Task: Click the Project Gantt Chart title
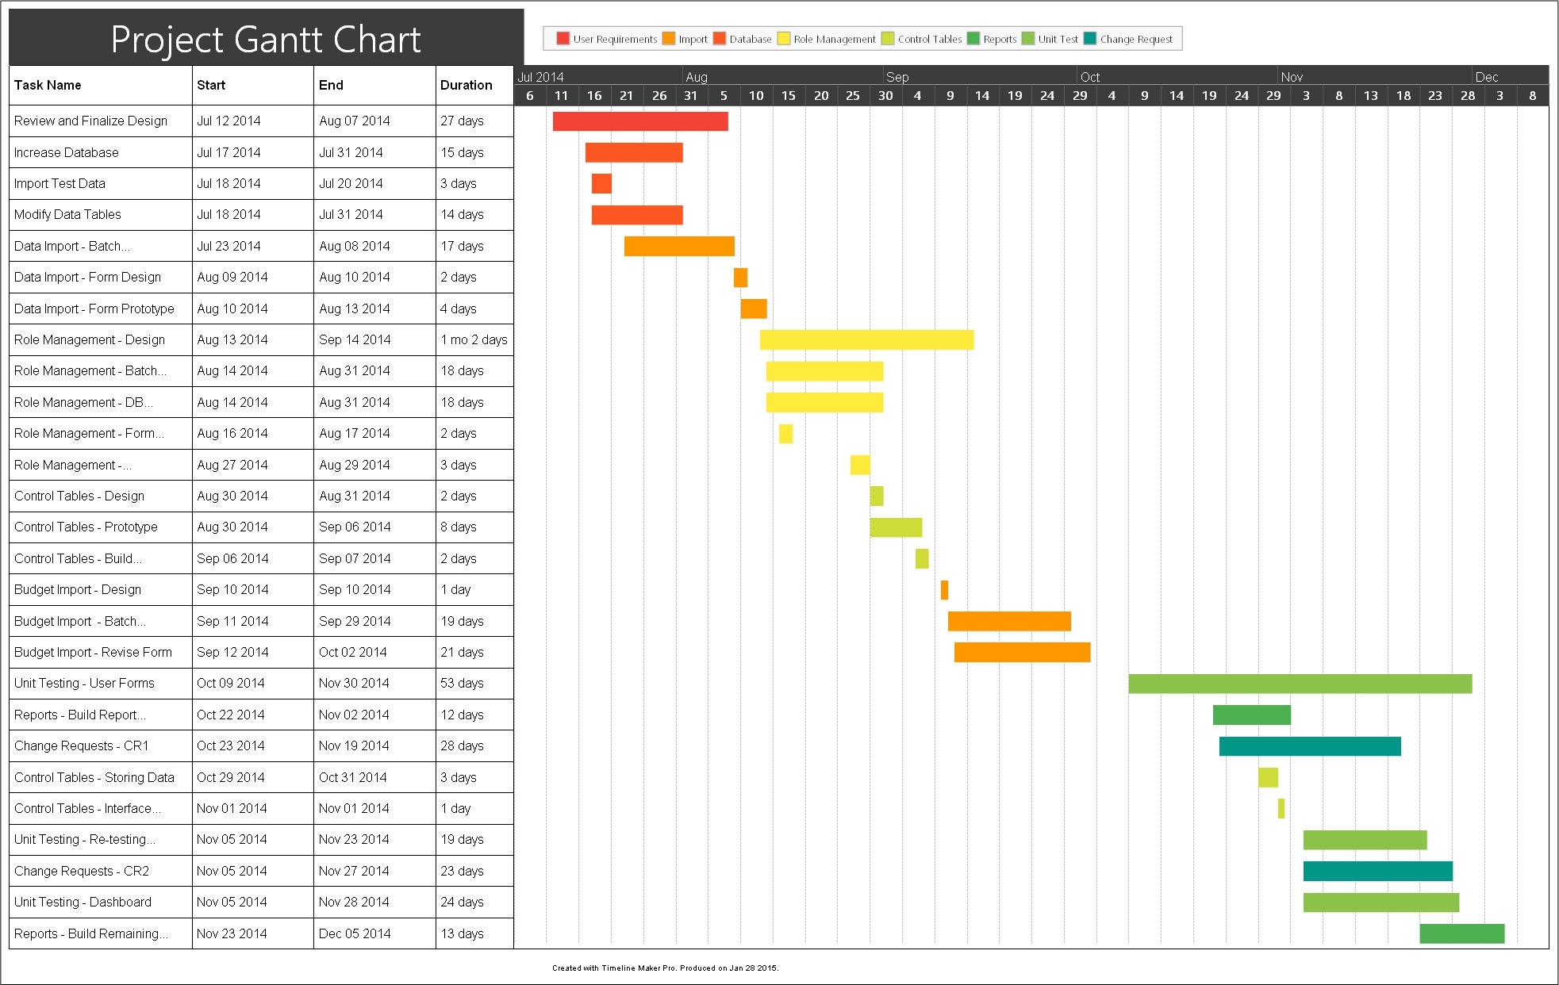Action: coord(266,40)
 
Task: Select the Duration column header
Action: coord(466,85)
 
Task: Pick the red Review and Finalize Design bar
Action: coord(640,121)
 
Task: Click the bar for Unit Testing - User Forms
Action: coord(1300,684)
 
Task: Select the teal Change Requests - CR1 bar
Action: coord(1309,746)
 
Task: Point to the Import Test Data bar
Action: coord(601,184)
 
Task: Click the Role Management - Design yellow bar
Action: coord(866,339)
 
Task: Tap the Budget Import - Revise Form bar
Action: coord(1022,652)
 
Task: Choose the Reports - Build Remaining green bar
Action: coord(1461,933)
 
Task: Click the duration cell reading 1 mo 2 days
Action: coord(474,339)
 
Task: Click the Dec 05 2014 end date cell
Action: coord(355,933)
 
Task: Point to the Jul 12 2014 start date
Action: coord(228,121)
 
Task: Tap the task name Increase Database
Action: coord(67,152)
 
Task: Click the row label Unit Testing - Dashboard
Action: coord(83,902)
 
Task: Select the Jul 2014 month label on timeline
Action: coord(540,77)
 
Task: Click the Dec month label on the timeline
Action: coord(1486,77)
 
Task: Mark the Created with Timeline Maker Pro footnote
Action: coord(665,968)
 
